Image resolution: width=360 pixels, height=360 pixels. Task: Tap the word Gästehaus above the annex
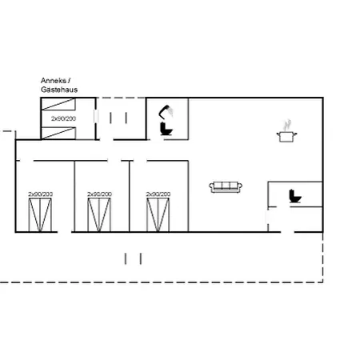point(59,90)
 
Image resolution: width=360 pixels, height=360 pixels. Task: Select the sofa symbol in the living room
point(226,187)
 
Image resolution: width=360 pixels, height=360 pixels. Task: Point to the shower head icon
point(166,112)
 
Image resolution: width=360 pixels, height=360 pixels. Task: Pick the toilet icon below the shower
point(166,129)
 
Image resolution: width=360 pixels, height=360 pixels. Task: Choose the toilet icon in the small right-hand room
point(295,196)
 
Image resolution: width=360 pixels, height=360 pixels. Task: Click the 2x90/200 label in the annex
point(63,118)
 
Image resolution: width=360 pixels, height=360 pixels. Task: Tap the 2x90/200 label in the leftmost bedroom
point(41,194)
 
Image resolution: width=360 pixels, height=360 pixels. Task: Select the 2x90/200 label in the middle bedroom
point(99,194)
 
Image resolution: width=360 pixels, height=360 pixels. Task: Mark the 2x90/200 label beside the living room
point(158,194)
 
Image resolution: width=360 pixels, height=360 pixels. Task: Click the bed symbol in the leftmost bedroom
point(40,215)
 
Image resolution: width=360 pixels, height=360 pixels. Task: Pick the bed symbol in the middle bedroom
point(99,215)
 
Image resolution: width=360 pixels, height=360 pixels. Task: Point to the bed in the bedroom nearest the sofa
point(158,215)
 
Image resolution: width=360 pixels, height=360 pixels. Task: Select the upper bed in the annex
point(58,104)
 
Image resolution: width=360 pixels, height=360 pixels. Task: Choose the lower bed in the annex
point(58,133)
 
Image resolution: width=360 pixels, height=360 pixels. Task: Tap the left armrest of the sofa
point(211,187)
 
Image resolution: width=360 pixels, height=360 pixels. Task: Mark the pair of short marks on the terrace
point(133,258)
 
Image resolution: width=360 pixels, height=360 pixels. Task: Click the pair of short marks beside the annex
point(118,118)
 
